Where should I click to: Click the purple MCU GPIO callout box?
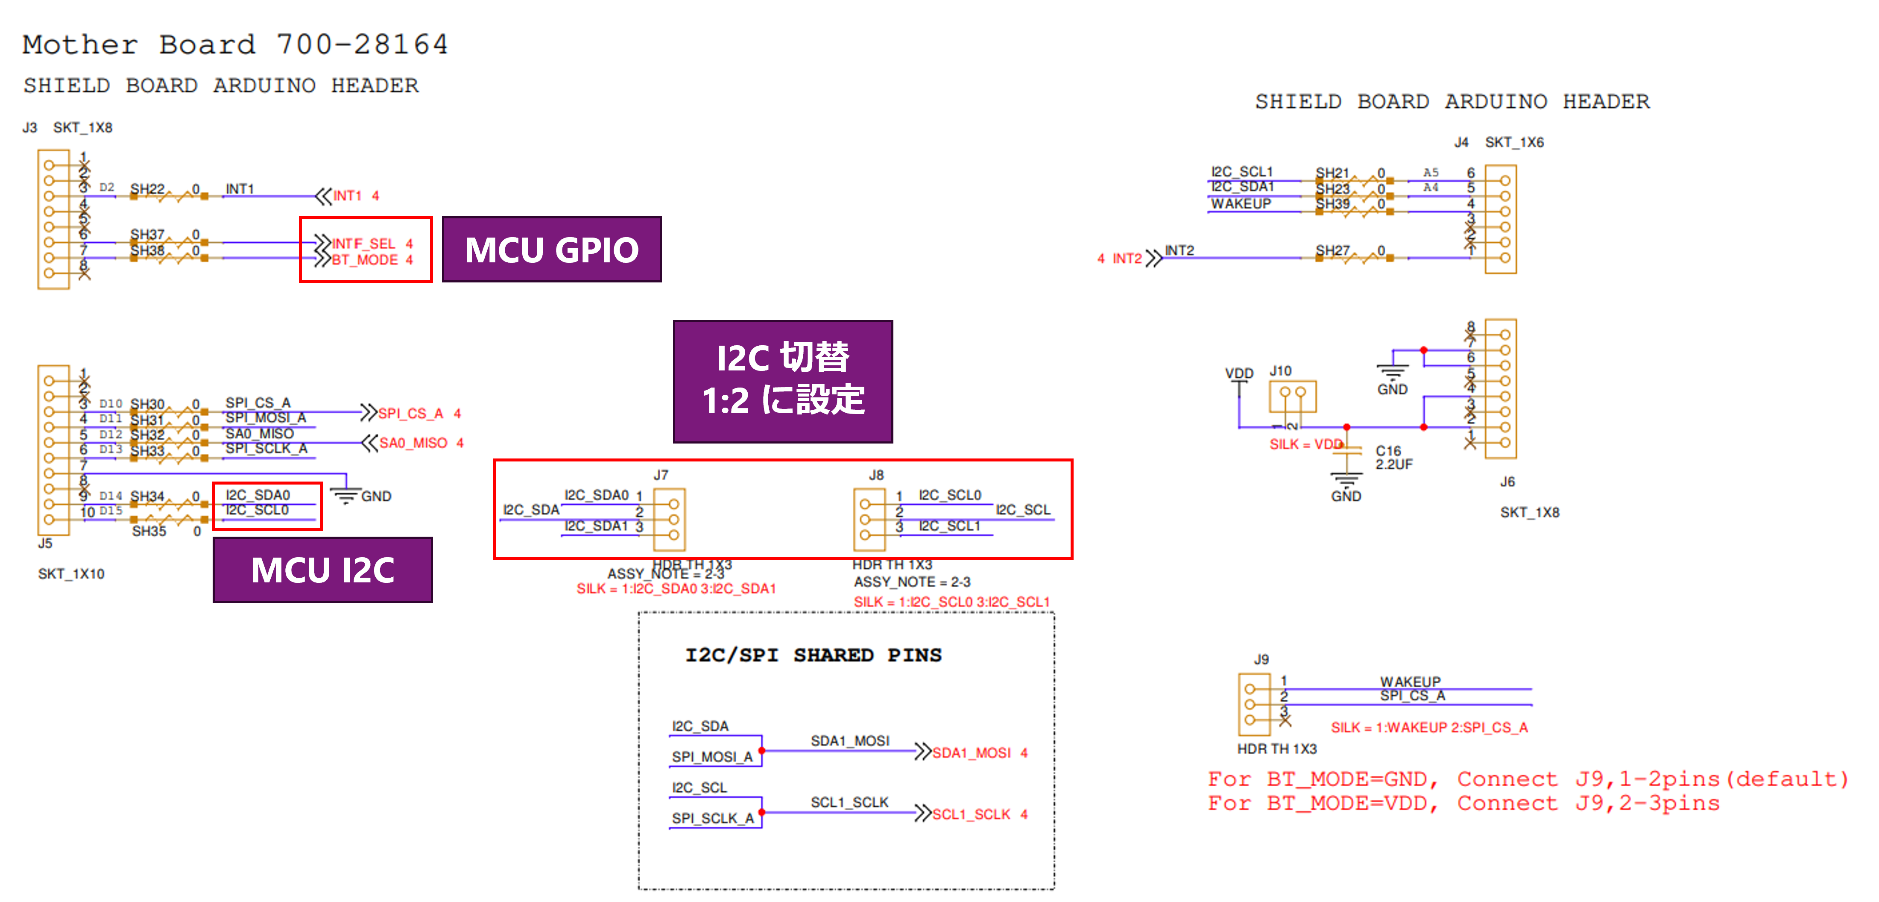551,250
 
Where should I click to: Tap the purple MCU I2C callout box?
322,570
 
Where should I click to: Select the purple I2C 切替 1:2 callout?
783,381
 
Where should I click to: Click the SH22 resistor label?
147,189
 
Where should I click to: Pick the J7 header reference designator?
661,475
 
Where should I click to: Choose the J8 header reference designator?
876,475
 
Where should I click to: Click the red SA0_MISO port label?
413,443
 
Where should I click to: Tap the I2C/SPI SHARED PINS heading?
814,655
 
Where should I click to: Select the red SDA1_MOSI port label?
972,752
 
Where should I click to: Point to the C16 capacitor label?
1388,451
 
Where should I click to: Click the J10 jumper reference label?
1280,371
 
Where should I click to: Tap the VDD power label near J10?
1238,373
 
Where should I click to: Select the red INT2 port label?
1127,259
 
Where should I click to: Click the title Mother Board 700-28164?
235,44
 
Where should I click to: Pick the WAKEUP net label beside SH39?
1241,204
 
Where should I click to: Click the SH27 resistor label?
1332,250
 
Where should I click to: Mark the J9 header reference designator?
1261,659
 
